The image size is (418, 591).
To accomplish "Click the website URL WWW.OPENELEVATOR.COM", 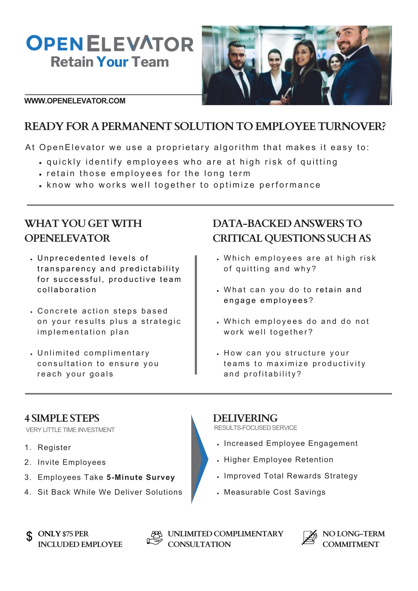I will (x=75, y=101).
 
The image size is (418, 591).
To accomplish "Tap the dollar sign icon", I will (x=29, y=536).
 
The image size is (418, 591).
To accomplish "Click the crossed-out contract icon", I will (x=310, y=538).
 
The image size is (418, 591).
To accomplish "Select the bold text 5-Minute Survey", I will (x=141, y=477).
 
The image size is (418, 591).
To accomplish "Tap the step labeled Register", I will (x=54, y=447).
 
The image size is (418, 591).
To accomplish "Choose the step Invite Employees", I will (x=72, y=462).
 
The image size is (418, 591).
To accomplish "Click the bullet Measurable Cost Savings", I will (x=275, y=492).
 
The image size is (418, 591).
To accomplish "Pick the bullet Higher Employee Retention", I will (x=278, y=460).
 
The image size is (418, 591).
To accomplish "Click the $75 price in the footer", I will (x=68, y=534).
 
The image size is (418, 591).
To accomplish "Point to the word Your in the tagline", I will (x=112, y=62).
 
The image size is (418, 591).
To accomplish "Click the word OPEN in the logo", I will (x=54, y=43).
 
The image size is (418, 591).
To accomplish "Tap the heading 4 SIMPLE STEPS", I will (x=62, y=418).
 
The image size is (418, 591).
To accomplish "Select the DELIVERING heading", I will (x=245, y=418).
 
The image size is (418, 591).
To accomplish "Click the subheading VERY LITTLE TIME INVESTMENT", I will (x=70, y=430).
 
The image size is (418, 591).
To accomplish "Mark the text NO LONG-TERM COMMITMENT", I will (x=353, y=539).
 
